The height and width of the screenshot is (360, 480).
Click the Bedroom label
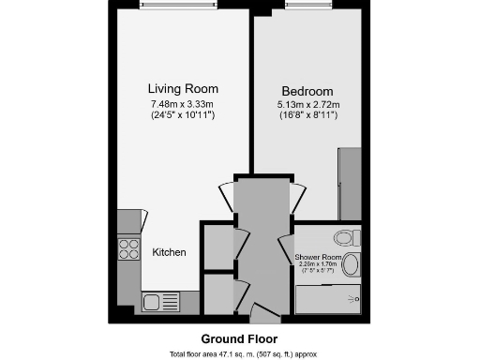pyautogui.click(x=303, y=90)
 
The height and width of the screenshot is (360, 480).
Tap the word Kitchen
pyautogui.click(x=169, y=253)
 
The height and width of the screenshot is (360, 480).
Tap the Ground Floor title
pyautogui.click(x=239, y=338)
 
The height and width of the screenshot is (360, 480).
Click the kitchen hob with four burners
pyautogui.click(x=128, y=250)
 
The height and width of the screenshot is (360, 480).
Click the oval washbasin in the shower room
pyautogui.click(x=351, y=265)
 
